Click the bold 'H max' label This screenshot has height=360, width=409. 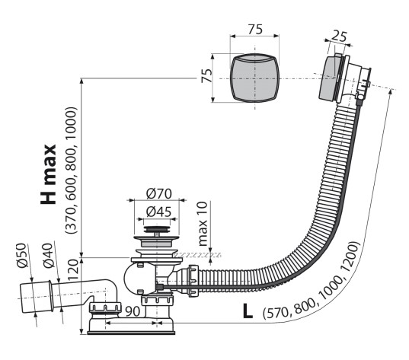coord(49,174)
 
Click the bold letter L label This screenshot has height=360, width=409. coord(248,311)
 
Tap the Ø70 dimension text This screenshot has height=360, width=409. coord(159,193)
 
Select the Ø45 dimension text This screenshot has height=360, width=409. coord(158,212)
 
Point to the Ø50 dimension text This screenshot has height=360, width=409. coord(21,255)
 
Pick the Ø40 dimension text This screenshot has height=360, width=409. coord(49,256)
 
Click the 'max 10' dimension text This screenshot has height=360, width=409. coord(203,224)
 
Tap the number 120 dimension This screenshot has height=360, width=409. coord(73,269)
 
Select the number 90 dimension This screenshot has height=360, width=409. coord(133,311)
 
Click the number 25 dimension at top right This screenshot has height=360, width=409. coord(339,37)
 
